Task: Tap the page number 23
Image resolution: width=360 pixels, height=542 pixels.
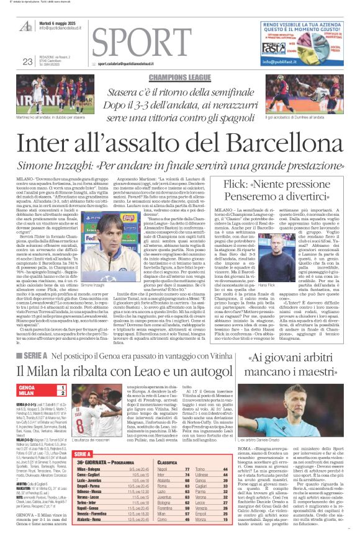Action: coord(27,61)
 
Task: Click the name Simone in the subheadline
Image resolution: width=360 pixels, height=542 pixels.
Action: coord(43,167)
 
